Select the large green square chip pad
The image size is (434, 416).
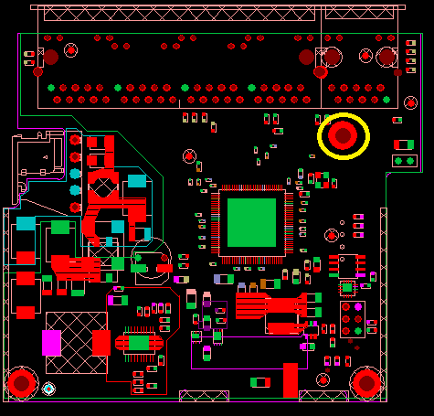(251, 222)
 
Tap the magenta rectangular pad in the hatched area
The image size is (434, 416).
(51, 343)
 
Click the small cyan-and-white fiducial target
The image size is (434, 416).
(48, 389)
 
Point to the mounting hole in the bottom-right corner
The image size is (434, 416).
(366, 383)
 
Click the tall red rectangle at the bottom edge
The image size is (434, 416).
(291, 379)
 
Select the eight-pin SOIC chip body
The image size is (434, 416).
(348, 265)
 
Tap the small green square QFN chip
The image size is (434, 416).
(347, 289)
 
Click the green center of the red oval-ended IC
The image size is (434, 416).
(139, 343)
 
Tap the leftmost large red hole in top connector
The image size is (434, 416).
(50, 57)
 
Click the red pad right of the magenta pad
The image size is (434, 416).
(101, 343)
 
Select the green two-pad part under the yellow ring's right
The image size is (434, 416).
(403, 162)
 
